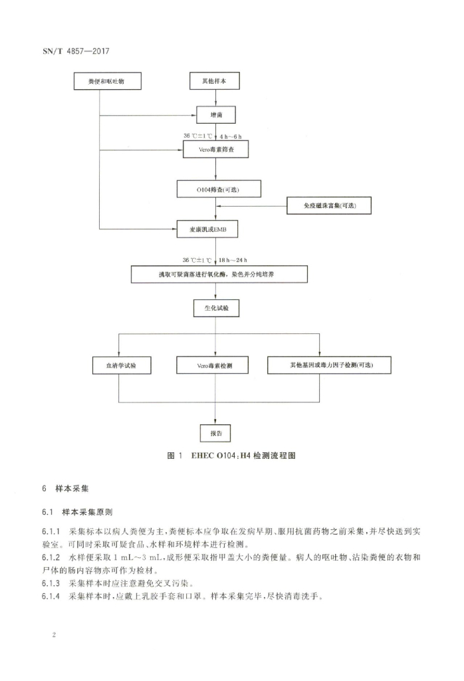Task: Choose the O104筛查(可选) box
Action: pyautogui.click(x=218, y=189)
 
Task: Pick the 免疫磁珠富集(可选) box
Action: pyautogui.click(x=328, y=206)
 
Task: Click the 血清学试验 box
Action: pyautogui.click(x=119, y=365)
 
